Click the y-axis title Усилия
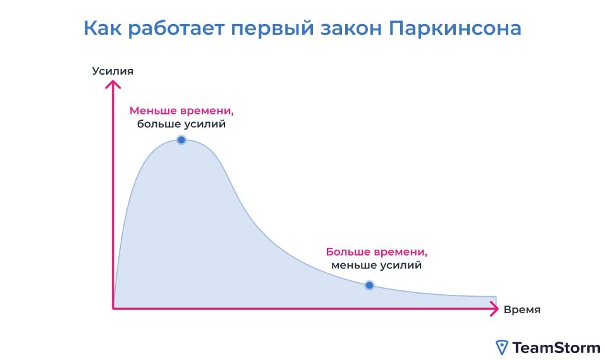[x=113, y=70]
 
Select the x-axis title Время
[x=522, y=309]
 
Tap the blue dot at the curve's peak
[x=181, y=139]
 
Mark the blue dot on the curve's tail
[x=370, y=285]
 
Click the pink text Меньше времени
[x=181, y=110]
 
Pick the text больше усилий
[x=181, y=124]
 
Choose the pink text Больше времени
[x=377, y=251]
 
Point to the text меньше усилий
[x=377, y=265]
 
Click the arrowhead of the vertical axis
[x=113, y=84]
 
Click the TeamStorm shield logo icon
[x=501, y=347]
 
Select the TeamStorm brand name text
[x=556, y=347]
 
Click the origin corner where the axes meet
[x=114, y=308]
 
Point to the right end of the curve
[x=496, y=296]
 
